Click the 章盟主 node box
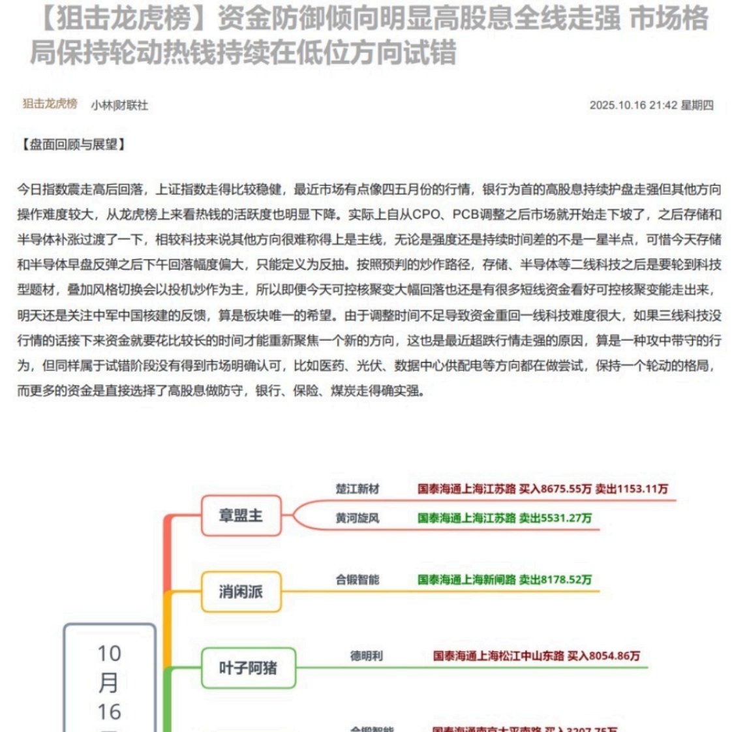coord(241,515)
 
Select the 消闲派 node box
coord(241,592)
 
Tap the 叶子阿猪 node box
coord(248,667)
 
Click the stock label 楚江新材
coord(358,489)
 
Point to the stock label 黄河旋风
coord(358,518)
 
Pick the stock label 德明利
coord(366,656)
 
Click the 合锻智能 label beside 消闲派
coord(358,579)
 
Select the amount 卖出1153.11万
coord(632,489)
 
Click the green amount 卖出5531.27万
coord(555,518)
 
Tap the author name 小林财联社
coord(119,105)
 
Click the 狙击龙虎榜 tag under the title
coord(50,104)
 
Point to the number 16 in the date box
coord(109,711)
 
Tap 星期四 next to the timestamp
coord(697,105)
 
